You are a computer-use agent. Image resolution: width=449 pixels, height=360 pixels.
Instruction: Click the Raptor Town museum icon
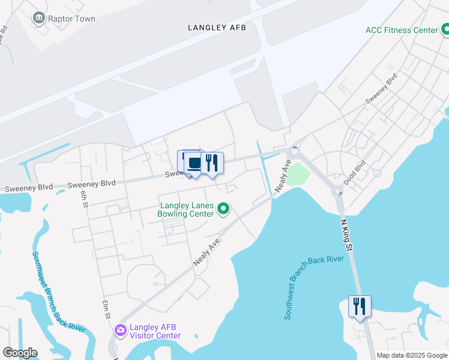click(x=40, y=19)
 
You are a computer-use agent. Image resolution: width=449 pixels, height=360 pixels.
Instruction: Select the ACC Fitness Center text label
click(x=402, y=30)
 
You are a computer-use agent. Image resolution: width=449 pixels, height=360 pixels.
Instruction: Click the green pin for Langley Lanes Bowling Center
click(x=224, y=209)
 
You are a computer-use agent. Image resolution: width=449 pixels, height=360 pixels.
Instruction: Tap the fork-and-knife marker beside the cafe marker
click(x=212, y=163)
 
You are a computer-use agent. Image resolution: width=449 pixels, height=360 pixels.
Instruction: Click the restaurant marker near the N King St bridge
click(x=360, y=306)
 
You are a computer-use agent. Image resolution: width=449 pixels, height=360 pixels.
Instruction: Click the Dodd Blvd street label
click(x=354, y=172)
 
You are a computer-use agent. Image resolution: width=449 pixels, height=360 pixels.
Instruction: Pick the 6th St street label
click(x=85, y=197)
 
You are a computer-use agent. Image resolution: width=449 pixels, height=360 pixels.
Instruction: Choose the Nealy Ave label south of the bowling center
click(x=207, y=252)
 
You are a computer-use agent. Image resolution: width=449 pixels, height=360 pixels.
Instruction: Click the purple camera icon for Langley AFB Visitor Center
click(x=120, y=330)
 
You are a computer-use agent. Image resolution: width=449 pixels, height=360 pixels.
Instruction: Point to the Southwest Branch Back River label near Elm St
click(x=59, y=291)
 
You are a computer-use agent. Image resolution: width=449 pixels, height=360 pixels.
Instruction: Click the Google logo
click(x=20, y=353)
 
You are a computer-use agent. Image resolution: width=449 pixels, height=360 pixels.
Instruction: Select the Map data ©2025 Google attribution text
click(x=411, y=355)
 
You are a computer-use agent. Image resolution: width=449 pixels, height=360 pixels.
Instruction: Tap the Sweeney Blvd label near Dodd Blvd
click(x=382, y=89)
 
